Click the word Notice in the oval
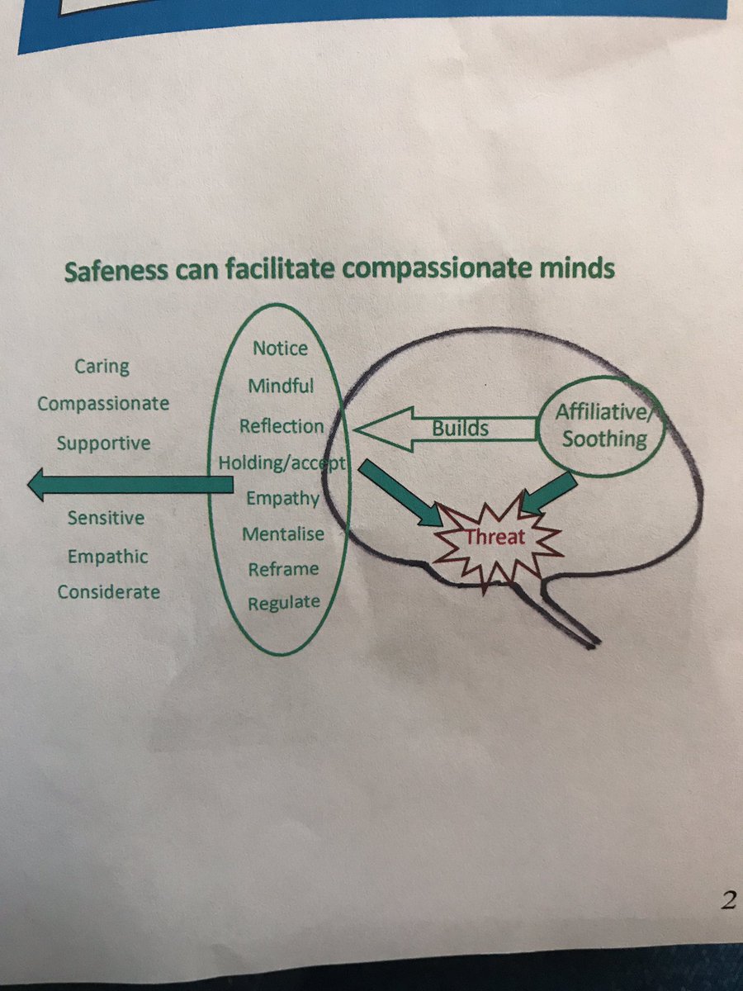point(280,348)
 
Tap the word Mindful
point(281,386)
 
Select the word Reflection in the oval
point(282,426)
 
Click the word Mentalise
point(282,534)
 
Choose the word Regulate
point(284,603)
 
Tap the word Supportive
point(103,443)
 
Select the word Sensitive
point(106,519)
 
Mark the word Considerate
point(108,591)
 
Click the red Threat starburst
point(493,538)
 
